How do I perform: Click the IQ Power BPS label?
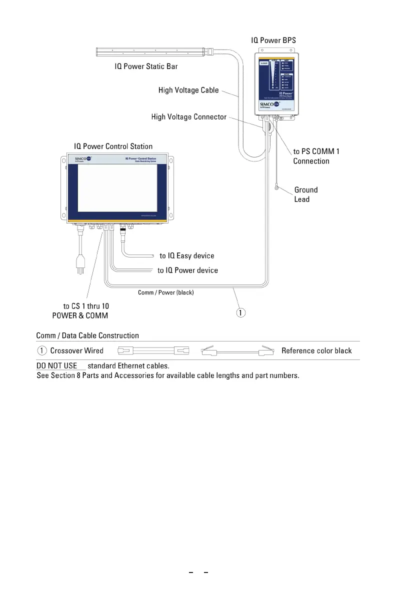pos(276,39)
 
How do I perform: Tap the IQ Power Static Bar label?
pos(146,66)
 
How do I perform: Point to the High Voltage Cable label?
pos(188,90)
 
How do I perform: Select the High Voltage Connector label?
pos(189,117)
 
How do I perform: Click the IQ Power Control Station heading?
pos(113,146)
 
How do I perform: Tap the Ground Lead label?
pos(305,194)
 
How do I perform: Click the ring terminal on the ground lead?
pos(276,188)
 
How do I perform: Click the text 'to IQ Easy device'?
pos(187,255)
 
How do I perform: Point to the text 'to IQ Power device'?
pos(187,270)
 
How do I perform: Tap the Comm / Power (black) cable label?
pos(165,292)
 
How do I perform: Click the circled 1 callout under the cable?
pos(241,313)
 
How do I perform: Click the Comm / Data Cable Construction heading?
pos(87,335)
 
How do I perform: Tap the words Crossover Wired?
pos(76,350)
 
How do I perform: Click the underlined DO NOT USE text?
pos(57,366)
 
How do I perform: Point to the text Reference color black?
pos(316,350)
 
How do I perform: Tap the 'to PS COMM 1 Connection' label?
pos(316,156)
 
